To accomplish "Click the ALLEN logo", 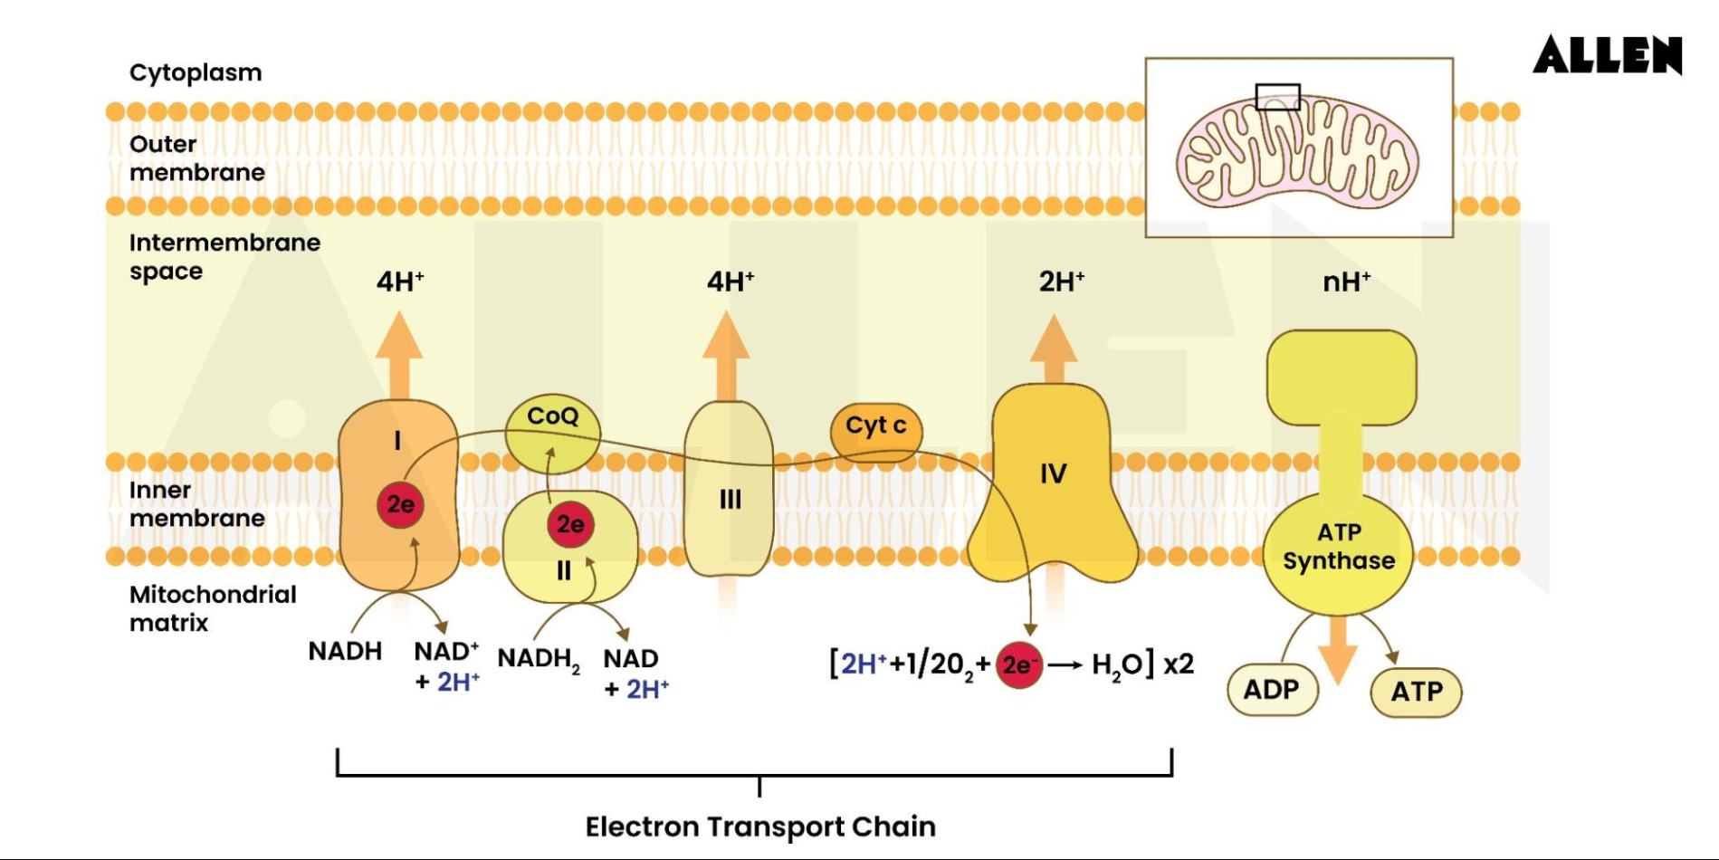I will point(1607,55).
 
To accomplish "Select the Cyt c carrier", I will point(875,426).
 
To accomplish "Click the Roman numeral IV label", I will point(1053,473).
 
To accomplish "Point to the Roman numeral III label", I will point(730,499).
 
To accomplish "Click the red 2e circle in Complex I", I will point(400,504).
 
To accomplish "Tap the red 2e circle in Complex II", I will point(569,524).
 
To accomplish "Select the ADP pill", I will point(1272,690).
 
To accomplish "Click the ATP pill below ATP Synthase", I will point(1416,692).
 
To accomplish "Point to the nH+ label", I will point(1346,282).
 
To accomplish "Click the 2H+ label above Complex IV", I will point(1061,282).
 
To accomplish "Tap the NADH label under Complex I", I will point(345,651).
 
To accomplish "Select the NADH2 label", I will point(538,659).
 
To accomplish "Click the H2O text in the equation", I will point(1117,665).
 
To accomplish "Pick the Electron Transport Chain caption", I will point(760,827).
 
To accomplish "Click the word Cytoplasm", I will point(196,72).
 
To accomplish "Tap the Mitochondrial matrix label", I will point(212,608).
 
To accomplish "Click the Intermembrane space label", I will point(224,256).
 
